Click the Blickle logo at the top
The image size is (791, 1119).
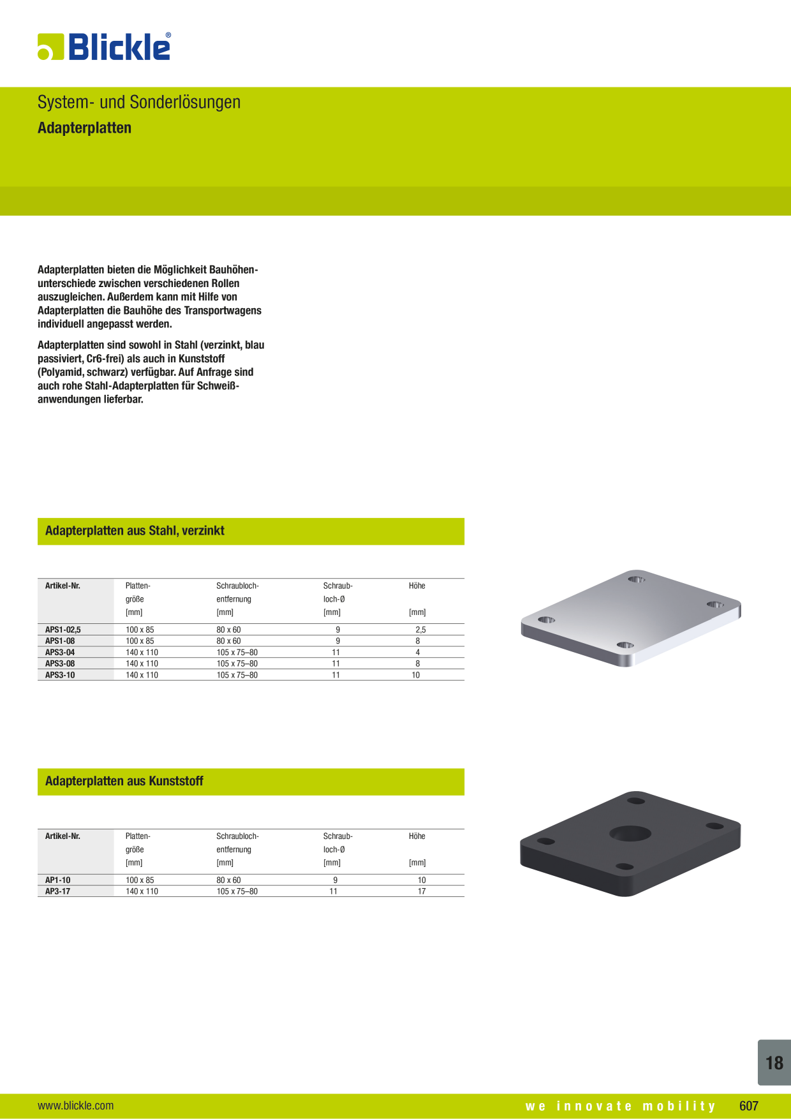tap(104, 47)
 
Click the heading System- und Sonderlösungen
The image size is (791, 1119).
tap(139, 102)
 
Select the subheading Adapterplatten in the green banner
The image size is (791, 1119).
tap(84, 128)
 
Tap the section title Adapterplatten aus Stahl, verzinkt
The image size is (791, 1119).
tap(135, 531)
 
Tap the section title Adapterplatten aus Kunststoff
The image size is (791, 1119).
tap(124, 782)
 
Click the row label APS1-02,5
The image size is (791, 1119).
tap(63, 630)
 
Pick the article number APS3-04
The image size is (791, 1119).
tap(60, 653)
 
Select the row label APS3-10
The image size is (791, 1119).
tap(60, 675)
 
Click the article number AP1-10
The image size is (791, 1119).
tap(58, 880)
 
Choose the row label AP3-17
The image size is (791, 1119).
tap(58, 892)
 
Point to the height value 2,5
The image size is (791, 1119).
tap(420, 630)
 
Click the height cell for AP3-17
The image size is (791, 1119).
tap(422, 892)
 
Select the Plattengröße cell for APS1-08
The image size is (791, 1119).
tap(140, 641)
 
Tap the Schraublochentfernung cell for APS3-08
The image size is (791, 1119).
tap(237, 664)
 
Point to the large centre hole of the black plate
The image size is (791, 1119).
tap(630, 833)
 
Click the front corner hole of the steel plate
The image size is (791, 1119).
tap(625, 645)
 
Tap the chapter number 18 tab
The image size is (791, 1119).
tap(774, 1063)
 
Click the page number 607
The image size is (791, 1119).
tap(749, 1106)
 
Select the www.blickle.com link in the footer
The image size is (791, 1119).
tap(76, 1106)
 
